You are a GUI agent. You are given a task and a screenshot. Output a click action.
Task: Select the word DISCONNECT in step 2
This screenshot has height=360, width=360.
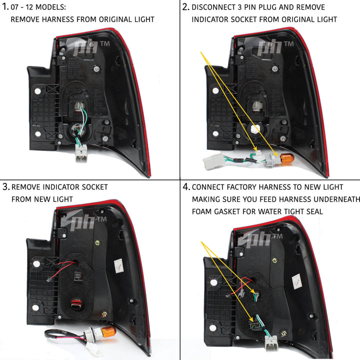coord(214,7)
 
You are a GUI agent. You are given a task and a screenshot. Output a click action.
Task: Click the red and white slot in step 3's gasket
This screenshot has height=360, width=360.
coord(76,302)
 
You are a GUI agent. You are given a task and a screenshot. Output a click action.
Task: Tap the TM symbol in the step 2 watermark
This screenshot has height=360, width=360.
coord(288,44)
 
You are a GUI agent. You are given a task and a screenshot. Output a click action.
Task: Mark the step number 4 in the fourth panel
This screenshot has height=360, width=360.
coord(185,187)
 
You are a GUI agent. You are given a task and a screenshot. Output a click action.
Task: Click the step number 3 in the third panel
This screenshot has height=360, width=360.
coord(5,187)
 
